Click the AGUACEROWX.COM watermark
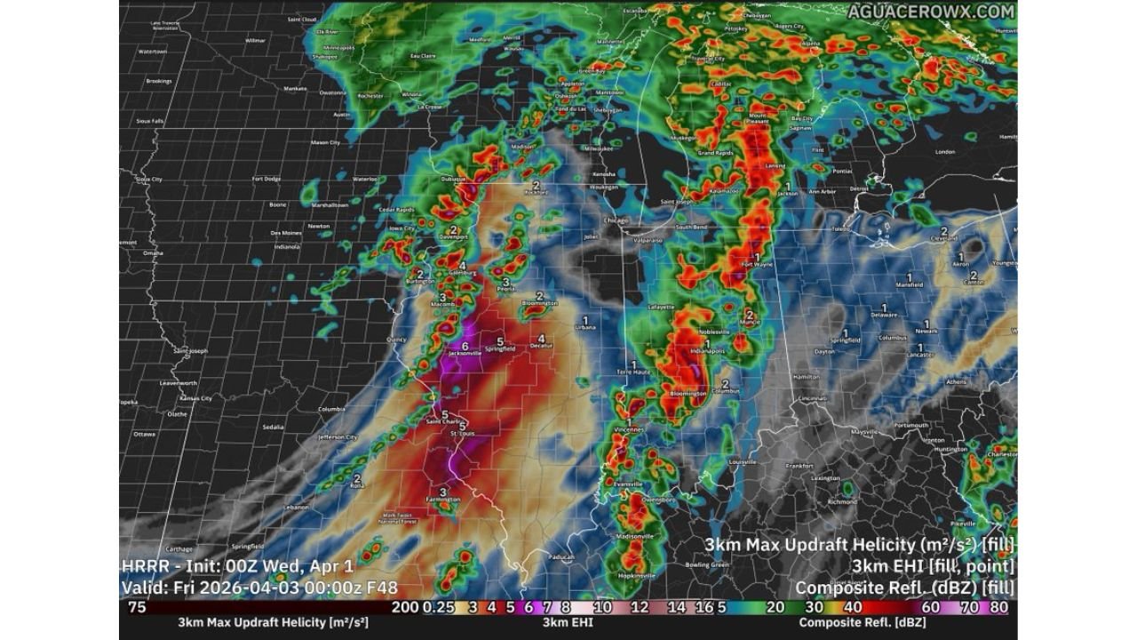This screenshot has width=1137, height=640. coord(930,12)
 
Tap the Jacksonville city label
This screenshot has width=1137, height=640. coord(464,354)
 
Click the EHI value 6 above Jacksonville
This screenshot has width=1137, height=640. coord(465,346)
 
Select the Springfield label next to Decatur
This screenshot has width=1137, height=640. coord(500,349)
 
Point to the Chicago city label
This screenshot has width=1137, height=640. coord(616,220)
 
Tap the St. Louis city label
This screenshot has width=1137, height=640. coord(462,434)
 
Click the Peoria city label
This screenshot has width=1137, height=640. coord(505,290)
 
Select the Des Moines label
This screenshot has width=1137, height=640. coord(287,233)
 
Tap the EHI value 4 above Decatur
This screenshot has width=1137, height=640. coord(541,338)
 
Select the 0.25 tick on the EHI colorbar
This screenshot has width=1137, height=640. coord(434,608)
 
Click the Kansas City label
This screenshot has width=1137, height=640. coord(195,398)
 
